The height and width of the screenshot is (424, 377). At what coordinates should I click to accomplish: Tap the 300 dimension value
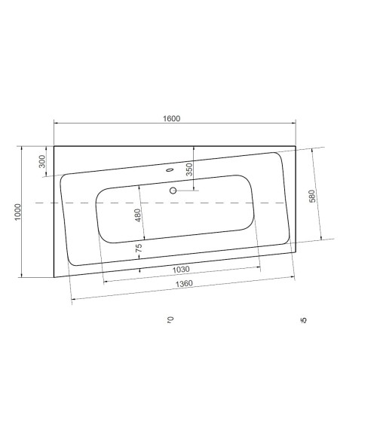(42, 160)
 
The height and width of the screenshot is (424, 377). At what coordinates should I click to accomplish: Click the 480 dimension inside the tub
(137, 214)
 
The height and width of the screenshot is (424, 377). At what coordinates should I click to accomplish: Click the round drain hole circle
(173, 191)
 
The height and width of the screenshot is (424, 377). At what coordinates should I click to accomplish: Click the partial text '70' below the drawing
(170, 320)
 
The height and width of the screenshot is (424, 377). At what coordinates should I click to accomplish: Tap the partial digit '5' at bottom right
(304, 320)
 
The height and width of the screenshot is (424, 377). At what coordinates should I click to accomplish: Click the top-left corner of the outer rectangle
(54, 146)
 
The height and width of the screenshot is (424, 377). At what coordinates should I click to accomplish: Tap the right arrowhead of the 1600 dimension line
(293, 124)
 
